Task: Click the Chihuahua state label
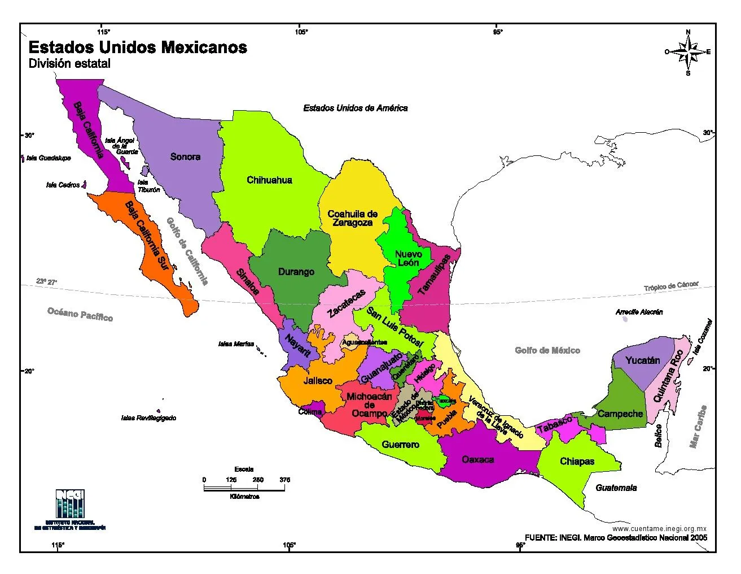coord(269,180)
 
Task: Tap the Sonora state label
coord(185,156)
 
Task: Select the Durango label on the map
coord(296,272)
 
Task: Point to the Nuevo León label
coord(407,258)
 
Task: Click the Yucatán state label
coord(642,360)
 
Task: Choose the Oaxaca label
coord(477,459)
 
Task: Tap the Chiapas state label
coord(577,461)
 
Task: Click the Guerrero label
coord(400,445)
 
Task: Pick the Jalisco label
coord(318,380)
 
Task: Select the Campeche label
coord(620,414)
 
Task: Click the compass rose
coord(687,52)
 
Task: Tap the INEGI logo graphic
coord(70,504)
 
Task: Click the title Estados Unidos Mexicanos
coord(138,47)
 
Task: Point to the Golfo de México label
coord(547,350)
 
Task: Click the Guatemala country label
coord(616,488)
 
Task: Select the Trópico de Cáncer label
coord(671,286)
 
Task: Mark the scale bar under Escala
coord(244,487)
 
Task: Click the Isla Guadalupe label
coord(49,158)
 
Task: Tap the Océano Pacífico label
coord(80,314)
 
